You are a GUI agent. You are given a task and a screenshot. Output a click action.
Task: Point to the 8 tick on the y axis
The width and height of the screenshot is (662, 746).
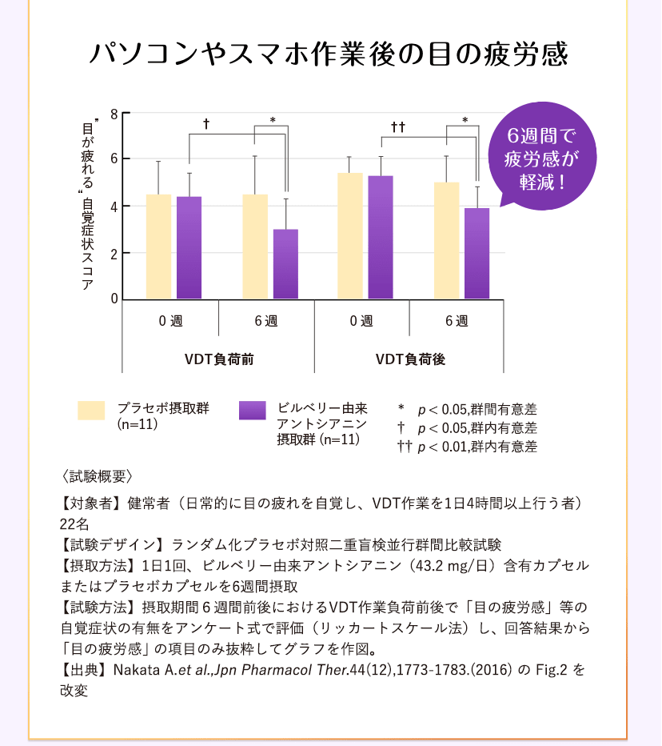click(114, 114)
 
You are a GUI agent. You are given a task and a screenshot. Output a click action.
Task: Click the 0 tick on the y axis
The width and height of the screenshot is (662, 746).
click(114, 299)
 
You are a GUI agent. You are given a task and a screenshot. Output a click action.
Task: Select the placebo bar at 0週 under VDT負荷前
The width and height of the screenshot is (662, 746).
click(158, 247)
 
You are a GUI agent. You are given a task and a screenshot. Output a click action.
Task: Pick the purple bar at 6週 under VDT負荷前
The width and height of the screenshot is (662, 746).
click(285, 264)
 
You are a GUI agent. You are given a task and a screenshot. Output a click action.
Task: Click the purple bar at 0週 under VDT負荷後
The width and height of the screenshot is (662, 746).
click(381, 237)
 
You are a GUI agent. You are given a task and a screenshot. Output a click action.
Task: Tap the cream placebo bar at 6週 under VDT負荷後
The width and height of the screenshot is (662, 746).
click(446, 240)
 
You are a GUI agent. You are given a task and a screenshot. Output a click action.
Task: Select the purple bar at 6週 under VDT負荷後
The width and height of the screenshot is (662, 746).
click(477, 253)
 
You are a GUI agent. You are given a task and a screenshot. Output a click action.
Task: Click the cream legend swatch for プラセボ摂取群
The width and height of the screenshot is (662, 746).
click(92, 410)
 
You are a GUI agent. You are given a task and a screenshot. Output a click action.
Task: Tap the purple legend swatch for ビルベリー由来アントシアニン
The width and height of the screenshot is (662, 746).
click(253, 410)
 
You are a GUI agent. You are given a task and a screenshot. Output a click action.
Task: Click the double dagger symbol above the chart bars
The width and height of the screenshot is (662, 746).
click(398, 126)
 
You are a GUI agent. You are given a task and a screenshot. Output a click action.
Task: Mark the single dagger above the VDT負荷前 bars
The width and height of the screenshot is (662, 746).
click(206, 125)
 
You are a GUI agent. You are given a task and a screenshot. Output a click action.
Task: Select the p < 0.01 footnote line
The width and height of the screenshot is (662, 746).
click(468, 447)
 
